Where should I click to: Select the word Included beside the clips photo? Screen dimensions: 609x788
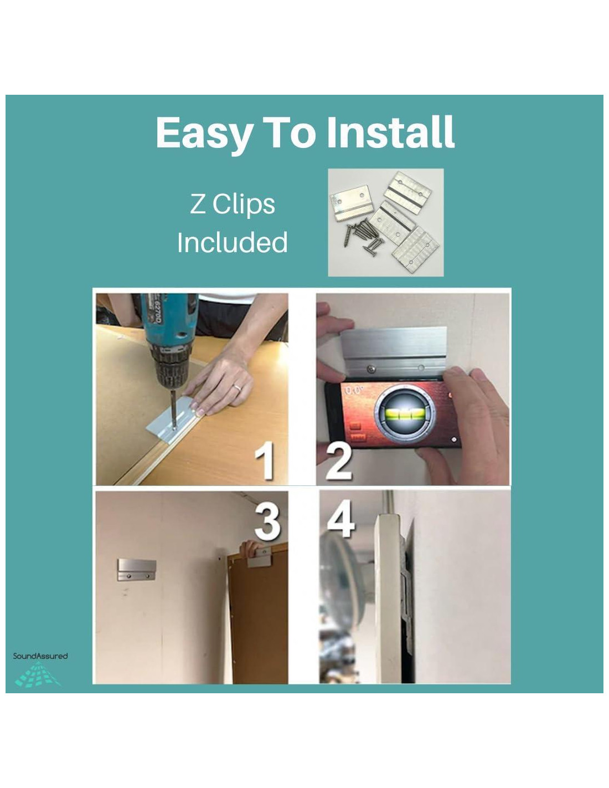pos(232,242)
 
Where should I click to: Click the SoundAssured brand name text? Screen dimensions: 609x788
pos(40,656)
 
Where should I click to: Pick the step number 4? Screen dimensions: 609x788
pos(340,518)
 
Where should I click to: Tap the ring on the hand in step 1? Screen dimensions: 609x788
pos(237,387)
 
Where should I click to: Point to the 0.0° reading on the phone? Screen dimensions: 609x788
pos(354,390)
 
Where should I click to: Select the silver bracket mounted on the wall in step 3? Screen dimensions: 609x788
pos(137,570)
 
